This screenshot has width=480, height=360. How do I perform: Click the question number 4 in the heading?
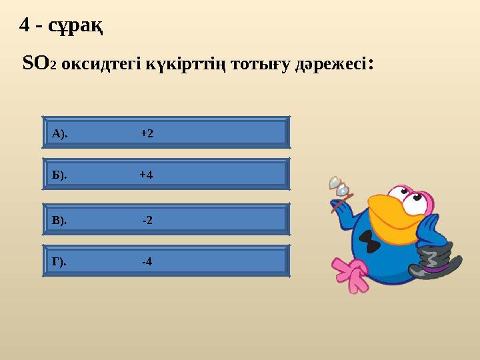[x=25, y=25]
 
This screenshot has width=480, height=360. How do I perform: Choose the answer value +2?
[x=147, y=133]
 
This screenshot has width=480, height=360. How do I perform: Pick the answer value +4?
[x=146, y=175]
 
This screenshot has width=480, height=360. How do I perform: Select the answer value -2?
[x=147, y=220]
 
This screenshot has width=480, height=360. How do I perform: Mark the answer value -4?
[x=147, y=261]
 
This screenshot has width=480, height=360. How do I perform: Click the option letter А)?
[x=59, y=134]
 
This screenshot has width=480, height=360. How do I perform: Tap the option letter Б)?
[x=59, y=175]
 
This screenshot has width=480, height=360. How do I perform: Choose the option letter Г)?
[x=59, y=262]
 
